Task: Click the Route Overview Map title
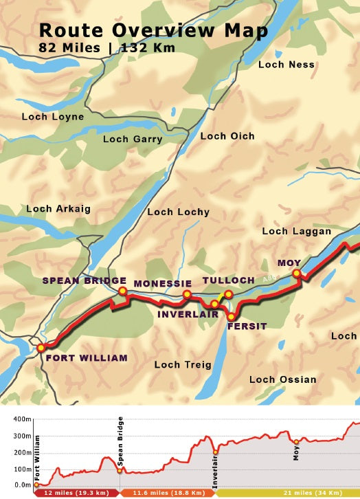click(153, 31)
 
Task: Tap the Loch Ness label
click(286, 65)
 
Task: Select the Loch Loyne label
click(53, 117)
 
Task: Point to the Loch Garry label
click(133, 140)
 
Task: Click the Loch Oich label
click(227, 136)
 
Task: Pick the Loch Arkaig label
click(58, 208)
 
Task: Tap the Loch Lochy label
click(178, 212)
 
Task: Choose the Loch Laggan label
click(297, 232)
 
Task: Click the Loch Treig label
click(183, 365)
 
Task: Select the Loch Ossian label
click(282, 379)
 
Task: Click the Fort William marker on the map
click(41, 348)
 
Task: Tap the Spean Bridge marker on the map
click(122, 291)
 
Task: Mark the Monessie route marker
click(187, 295)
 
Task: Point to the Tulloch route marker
click(229, 294)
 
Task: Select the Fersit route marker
click(232, 317)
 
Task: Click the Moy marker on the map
click(297, 274)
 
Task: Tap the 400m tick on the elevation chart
click(23, 419)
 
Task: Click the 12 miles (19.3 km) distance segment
click(76, 493)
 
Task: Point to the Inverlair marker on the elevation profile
click(215, 452)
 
